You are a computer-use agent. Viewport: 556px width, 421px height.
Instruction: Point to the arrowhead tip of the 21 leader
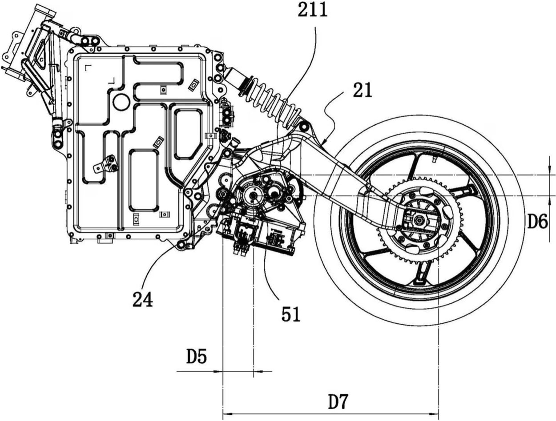click(324, 144)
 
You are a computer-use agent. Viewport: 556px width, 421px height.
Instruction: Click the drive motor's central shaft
click(253, 195)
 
